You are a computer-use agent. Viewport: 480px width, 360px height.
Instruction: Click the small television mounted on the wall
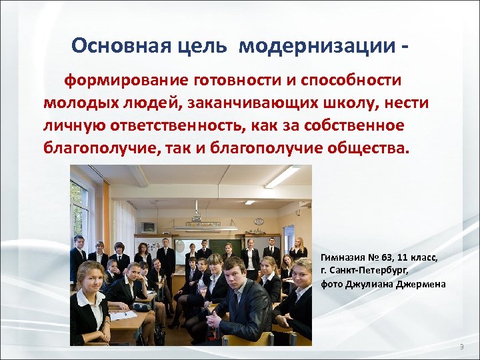(x=148, y=227)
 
